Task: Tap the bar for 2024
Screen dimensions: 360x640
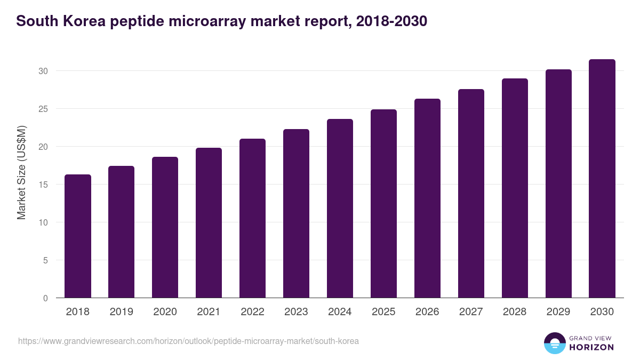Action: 340,209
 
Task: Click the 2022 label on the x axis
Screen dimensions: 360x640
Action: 252,312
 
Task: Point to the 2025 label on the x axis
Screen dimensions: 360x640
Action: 383,312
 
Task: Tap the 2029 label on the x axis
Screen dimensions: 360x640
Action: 558,312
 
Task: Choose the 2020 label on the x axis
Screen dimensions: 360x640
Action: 165,312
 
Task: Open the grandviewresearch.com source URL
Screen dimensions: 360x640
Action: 188,341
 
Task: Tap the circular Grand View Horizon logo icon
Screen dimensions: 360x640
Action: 555,343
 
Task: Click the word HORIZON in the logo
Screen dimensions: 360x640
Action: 591,347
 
